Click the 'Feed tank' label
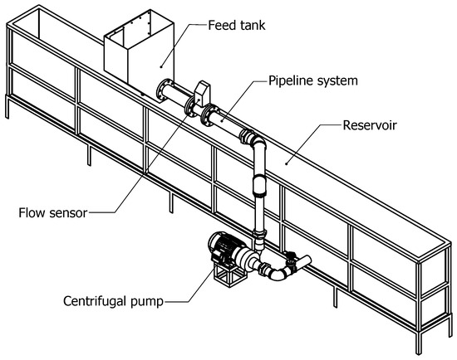[x=236, y=26]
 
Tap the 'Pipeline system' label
[x=312, y=80]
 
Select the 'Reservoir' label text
[x=370, y=125]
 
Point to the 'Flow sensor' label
[x=52, y=212]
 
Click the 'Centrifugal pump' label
[x=113, y=301]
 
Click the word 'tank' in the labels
[x=253, y=26]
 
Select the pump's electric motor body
[x=224, y=245]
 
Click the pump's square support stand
[x=228, y=274]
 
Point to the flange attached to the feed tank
[x=161, y=90]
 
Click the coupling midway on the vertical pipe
[x=260, y=185]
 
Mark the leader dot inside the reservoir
[x=287, y=164]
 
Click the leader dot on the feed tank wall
[x=160, y=67]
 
